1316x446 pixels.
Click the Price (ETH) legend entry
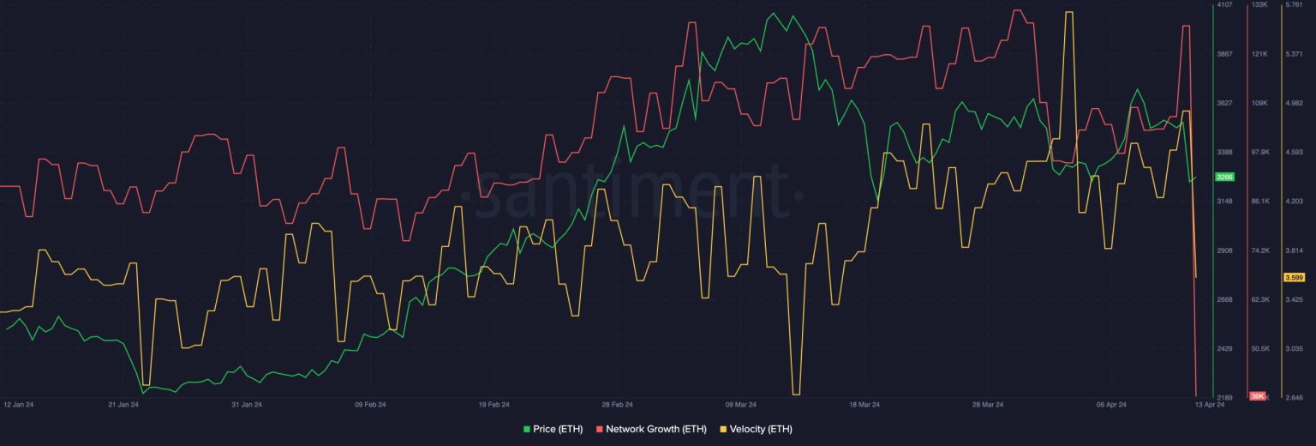[553, 429]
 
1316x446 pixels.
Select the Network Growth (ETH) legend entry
[651, 429]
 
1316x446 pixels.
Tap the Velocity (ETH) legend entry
[757, 429]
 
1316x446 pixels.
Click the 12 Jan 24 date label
[18, 405]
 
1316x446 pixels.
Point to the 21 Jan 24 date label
[123, 405]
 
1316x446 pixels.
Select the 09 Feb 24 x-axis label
[370, 405]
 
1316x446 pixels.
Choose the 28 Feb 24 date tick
[618, 405]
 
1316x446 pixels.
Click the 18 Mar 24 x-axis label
[864, 405]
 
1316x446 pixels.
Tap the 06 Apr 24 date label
[1111, 405]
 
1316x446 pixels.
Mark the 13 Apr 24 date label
[1210, 405]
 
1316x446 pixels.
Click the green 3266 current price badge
[1225, 177]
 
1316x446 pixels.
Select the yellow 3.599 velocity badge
[1295, 278]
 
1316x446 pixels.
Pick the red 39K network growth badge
[1258, 396]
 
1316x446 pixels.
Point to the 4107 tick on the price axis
[1225, 4]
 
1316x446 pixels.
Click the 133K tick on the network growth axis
[1259, 4]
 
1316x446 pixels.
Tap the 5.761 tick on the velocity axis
[1295, 4]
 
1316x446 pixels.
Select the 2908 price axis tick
[1225, 250]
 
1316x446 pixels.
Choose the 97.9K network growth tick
[1261, 153]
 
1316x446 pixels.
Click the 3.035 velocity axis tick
[1295, 349]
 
